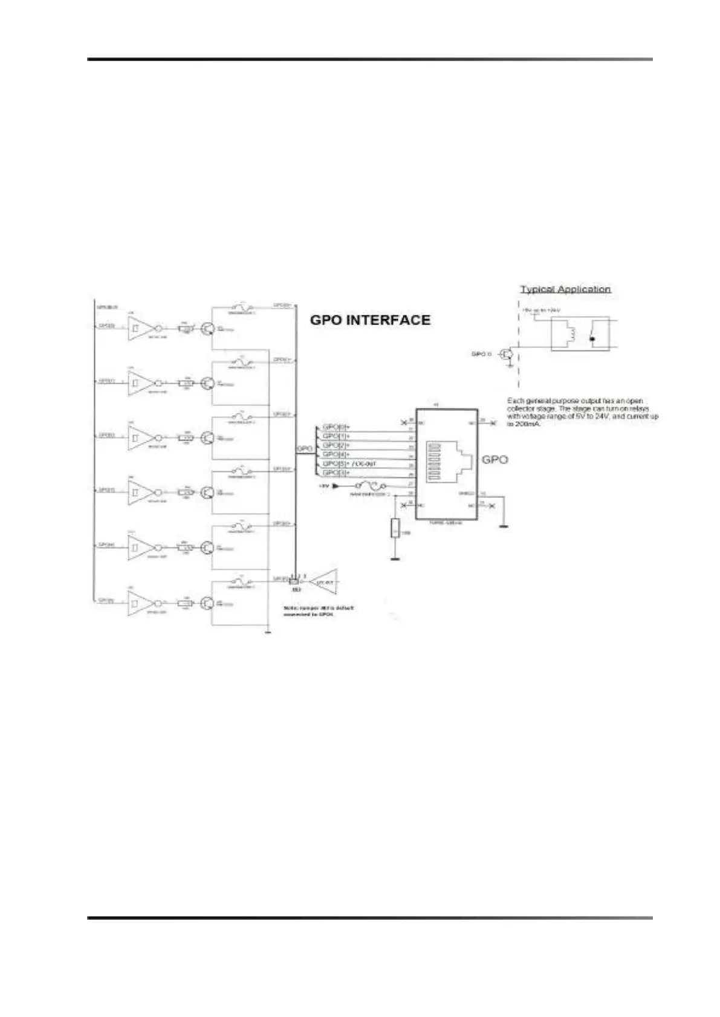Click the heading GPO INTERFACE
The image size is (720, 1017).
(370, 320)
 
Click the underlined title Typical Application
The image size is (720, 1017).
(565, 289)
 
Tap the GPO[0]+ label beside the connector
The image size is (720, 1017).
(336, 427)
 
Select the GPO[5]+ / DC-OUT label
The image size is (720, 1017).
(349, 463)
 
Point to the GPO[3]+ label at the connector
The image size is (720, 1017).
(336, 473)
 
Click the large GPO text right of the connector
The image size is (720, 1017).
(495, 460)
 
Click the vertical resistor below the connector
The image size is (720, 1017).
(395, 528)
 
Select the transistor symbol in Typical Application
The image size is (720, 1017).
(507, 354)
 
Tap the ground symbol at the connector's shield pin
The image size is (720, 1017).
(503, 526)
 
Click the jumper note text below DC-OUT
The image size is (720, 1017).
(319, 610)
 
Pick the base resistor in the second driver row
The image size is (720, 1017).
(186, 383)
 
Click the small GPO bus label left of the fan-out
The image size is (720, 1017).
(304, 449)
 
